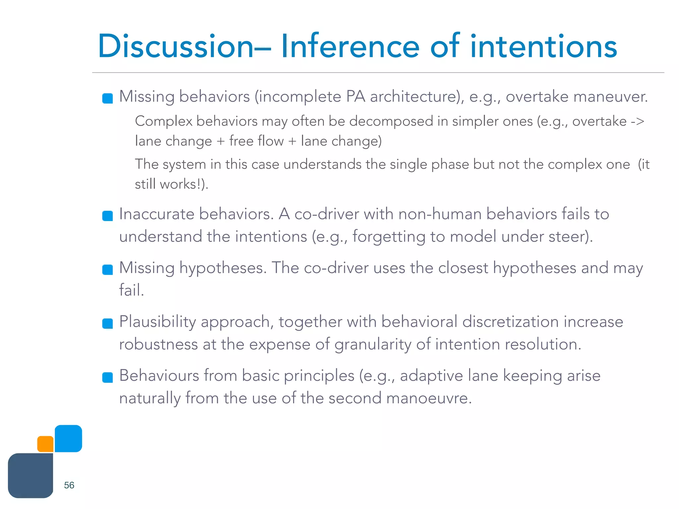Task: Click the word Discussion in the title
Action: (176, 46)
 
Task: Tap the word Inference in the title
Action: (350, 46)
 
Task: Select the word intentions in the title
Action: (544, 46)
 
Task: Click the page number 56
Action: (69, 485)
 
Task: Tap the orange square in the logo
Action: (45, 444)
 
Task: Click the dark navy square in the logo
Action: (31, 476)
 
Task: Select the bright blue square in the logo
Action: (68, 438)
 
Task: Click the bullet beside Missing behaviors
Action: (107, 98)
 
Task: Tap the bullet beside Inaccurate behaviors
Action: (107, 216)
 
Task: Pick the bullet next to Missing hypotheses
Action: (107, 270)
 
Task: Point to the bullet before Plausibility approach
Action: (107, 323)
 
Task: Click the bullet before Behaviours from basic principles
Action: (107, 377)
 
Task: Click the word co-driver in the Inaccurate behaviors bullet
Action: (327, 214)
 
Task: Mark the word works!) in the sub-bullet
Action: (184, 184)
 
